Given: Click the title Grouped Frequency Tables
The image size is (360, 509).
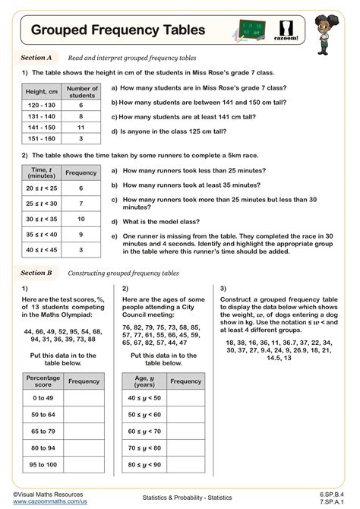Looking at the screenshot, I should [x=118, y=30].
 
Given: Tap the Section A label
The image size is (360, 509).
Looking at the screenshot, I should [x=36, y=58].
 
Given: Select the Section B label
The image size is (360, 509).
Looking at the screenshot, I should [x=36, y=272].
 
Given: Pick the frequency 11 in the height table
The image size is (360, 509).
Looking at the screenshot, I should [x=82, y=128].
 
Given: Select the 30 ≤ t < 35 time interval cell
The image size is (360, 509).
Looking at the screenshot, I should [x=39, y=218].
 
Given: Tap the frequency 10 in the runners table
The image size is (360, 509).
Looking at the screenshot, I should [x=81, y=218].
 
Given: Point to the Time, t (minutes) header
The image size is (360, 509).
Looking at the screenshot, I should [x=39, y=172].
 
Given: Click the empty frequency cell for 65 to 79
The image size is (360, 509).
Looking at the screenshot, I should [x=84, y=431].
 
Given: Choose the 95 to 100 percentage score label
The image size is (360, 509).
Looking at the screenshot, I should [x=43, y=464].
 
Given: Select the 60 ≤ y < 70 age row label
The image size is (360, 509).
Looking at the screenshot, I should [x=144, y=431].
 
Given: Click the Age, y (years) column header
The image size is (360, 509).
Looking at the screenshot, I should [x=144, y=381].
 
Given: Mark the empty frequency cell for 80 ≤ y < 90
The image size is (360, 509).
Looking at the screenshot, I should [x=185, y=464].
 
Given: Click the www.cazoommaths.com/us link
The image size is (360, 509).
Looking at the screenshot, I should [x=46, y=501].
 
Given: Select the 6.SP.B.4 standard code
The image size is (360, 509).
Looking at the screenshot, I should [x=332, y=494].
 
